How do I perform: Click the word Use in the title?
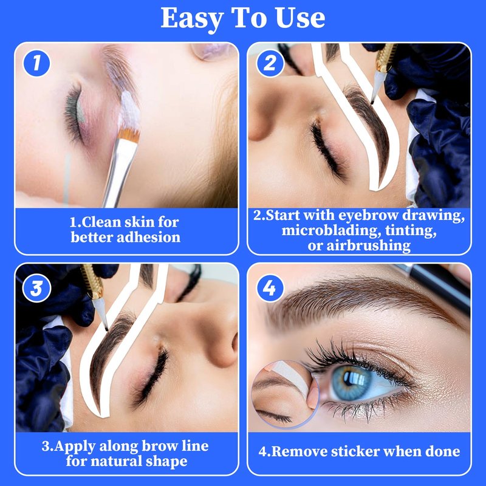click(x=300, y=18)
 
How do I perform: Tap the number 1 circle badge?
click(x=36, y=63)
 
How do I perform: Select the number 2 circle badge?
click(x=270, y=63)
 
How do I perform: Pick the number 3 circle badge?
click(x=36, y=288)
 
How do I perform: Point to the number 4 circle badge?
click(x=270, y=288)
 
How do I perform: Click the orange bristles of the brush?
click(x=129, y=134)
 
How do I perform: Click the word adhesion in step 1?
click(x=148, y=238)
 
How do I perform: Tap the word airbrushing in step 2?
click(x=369, y=246)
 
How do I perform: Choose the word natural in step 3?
click(x=116, y=461)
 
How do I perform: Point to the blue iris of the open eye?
click(x=351, y=383)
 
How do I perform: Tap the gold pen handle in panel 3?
click(x=92, y=281)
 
